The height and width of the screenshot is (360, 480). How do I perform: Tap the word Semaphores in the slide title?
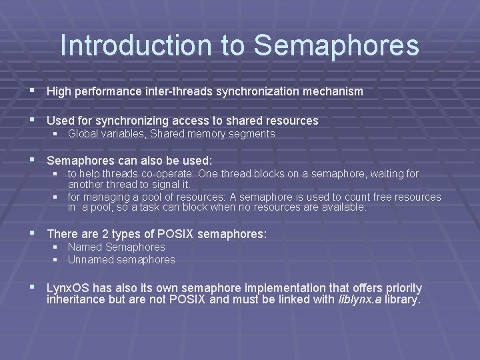tap(337, 45)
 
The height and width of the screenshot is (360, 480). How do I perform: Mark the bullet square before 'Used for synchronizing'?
tap(33, 121)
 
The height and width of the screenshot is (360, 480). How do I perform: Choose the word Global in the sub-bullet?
tap(83, 134)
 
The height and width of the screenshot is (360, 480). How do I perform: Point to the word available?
tap(343, 207)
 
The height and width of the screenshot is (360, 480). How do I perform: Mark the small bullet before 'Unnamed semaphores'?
tap(57, 259)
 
